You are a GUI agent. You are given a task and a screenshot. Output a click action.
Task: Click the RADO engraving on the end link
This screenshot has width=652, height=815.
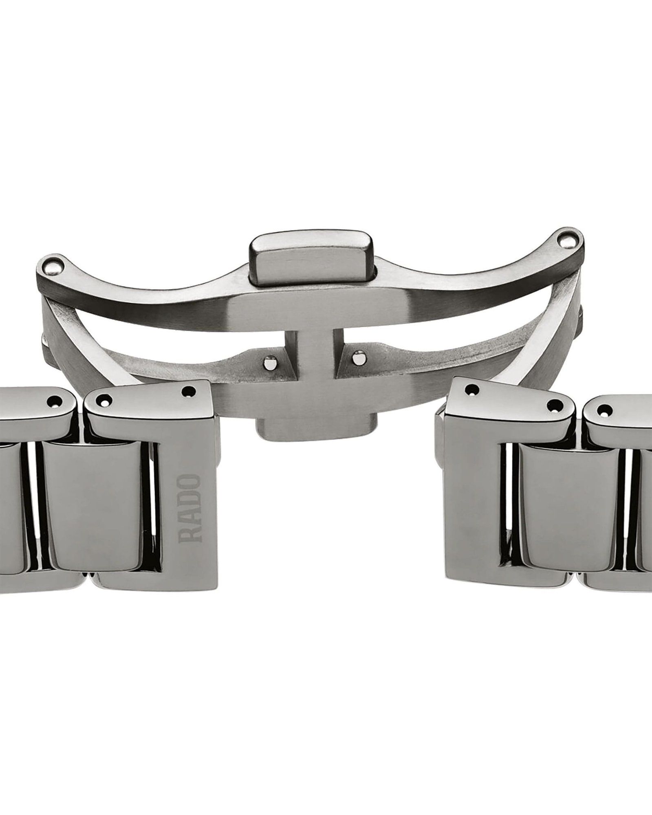pos(189,508)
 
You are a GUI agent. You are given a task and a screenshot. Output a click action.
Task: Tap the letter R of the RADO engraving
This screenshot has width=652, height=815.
pos(189,535)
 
